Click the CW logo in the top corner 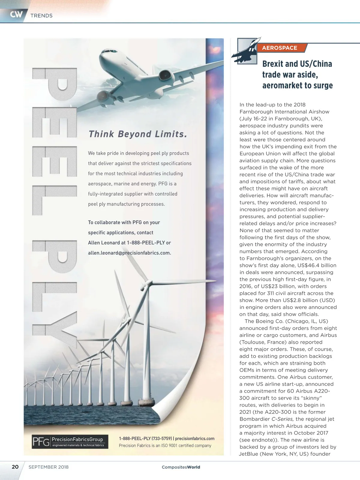(16, 14)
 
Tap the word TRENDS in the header (41, 16)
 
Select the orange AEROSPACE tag (279, 48)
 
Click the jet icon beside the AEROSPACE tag (246, 52)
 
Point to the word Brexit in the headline (272, 64)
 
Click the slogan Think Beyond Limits (138, 134)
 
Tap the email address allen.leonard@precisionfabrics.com (129, 253)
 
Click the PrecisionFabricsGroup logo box (70, 442)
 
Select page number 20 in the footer (15, 467)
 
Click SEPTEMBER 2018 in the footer (48, 467)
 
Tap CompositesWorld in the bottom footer (181, 467)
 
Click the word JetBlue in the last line (248, 454)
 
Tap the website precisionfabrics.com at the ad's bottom (195, 439)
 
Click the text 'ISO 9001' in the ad (169, 445)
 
